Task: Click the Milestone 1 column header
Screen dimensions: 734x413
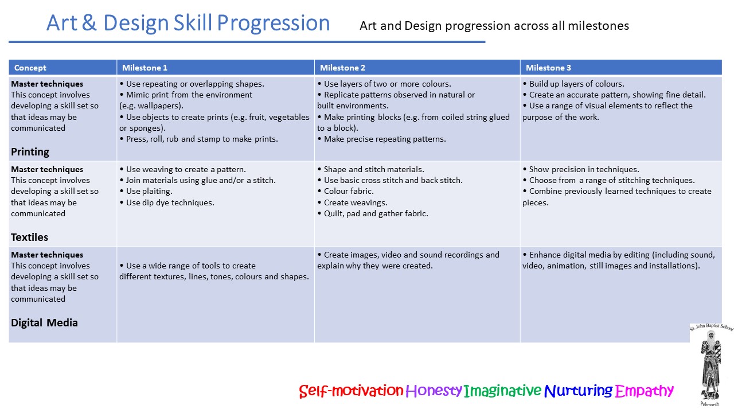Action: tap(145, 68)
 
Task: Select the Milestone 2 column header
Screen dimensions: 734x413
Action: tap(342, 68)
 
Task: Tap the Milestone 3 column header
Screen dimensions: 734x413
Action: tap(548, 68)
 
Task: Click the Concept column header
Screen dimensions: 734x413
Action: tap(30, 68)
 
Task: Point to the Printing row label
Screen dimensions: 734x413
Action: tap(30, 152)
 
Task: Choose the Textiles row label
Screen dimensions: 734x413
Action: tap(29, 237)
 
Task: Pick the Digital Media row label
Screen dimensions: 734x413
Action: tap(44, 323)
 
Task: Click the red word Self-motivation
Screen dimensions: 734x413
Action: tap(351, 391)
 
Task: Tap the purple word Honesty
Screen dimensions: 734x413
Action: tap(434, 391)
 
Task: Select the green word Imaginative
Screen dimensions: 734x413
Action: tap(502, 391)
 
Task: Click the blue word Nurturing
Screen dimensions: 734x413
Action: tap(579, 391)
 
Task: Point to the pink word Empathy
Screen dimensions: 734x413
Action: tap(644, 391)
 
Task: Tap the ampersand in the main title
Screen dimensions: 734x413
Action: tap(89, 23)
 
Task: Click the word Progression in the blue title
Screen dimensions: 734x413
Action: tap(274, 24)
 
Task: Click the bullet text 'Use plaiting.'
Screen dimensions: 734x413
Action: tap(146, 192)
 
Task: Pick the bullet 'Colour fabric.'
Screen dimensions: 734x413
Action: tap(346, 192)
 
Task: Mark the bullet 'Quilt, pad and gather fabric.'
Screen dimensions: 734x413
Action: tap(373, 214)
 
